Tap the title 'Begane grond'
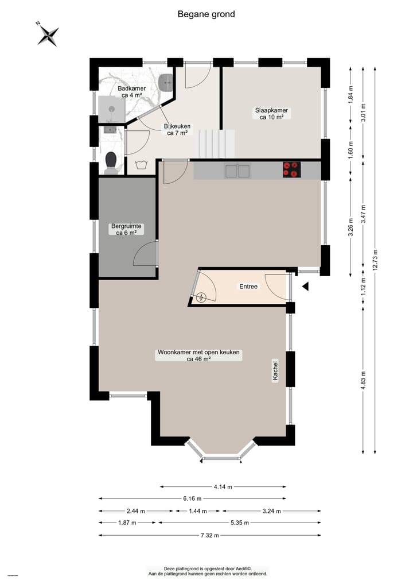point(206,14)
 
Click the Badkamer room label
point(131,92)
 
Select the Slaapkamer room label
point(272,113)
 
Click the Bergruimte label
point(126,230)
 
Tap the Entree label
point(248,286)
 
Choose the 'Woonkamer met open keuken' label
point(198,355)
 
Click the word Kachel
point(276,371)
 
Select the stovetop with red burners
point(291,169)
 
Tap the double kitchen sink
point(237,170)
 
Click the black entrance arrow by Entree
point(306,286)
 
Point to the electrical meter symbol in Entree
point(201,297)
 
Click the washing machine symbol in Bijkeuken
point(141,167)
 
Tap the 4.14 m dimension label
point(223,487)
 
